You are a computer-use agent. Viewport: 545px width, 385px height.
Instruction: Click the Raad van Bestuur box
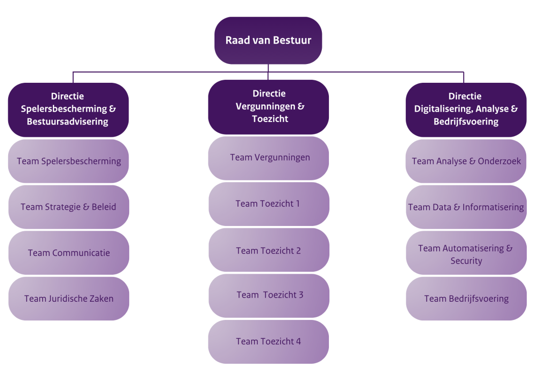tap(268, 41)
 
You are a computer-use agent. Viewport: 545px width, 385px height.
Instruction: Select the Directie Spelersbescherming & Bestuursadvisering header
tap(68, 109)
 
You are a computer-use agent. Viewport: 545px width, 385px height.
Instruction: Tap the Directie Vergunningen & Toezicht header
tap(268, 107)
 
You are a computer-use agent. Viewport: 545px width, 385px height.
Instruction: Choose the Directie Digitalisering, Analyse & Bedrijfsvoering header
tap(466, 109)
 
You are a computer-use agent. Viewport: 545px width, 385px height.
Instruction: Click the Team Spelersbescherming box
tap(69, 161)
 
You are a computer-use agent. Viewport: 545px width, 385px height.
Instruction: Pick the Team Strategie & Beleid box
tap(69, 207)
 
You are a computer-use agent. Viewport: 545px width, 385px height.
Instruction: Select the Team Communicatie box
tap(69, 253)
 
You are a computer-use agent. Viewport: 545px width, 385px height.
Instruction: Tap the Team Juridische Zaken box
tap(69, 299)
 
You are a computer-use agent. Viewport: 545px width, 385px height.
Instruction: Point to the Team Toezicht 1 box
tap(268, 204)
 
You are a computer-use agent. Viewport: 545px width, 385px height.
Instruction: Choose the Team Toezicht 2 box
tap(268, 250)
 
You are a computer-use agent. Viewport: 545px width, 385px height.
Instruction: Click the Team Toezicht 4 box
tap(268, 341)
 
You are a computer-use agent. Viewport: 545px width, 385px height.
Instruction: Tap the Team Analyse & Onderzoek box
tap(466, 161)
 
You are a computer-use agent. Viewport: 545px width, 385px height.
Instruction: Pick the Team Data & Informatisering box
tap(466, 207)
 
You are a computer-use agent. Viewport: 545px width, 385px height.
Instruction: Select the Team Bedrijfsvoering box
tap(466, 299)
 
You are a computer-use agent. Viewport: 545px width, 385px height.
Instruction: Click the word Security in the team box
tap(466, 261)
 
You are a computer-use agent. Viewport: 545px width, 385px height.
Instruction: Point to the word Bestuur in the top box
tap(292, 40)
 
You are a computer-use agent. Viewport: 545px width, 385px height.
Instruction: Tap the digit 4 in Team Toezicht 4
tap(298, 341)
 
